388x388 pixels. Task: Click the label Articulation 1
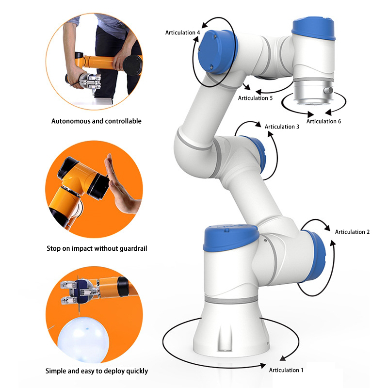pos(286,370)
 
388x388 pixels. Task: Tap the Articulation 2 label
pos(352,232)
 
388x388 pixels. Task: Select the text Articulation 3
pos(282,127)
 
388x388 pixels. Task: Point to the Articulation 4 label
pos(183,32)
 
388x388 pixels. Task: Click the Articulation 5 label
pos(255,98)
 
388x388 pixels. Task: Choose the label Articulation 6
pos(323,121)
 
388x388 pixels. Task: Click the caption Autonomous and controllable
pos(97,121)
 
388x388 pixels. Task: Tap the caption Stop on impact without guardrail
pos(97,248)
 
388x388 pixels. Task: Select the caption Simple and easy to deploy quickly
pos(97,371)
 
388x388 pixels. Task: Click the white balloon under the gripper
pos(83,339)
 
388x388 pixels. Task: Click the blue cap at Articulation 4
pos(217,52)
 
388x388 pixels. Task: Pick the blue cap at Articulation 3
pos(258,153)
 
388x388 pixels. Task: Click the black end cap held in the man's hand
pos(133,65)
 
